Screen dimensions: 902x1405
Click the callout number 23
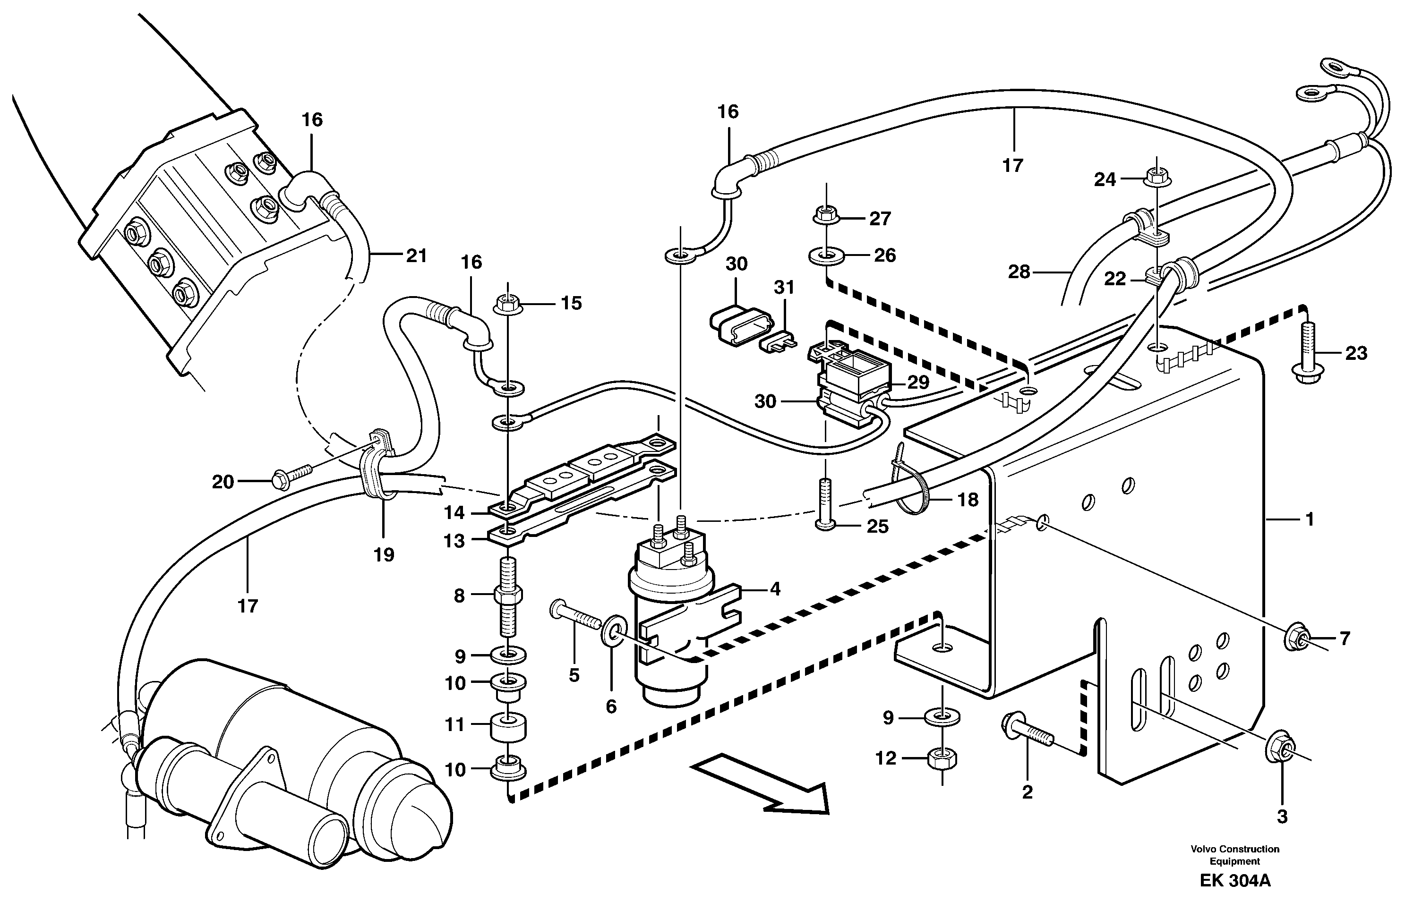1356,353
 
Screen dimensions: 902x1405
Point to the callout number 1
1310,519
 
